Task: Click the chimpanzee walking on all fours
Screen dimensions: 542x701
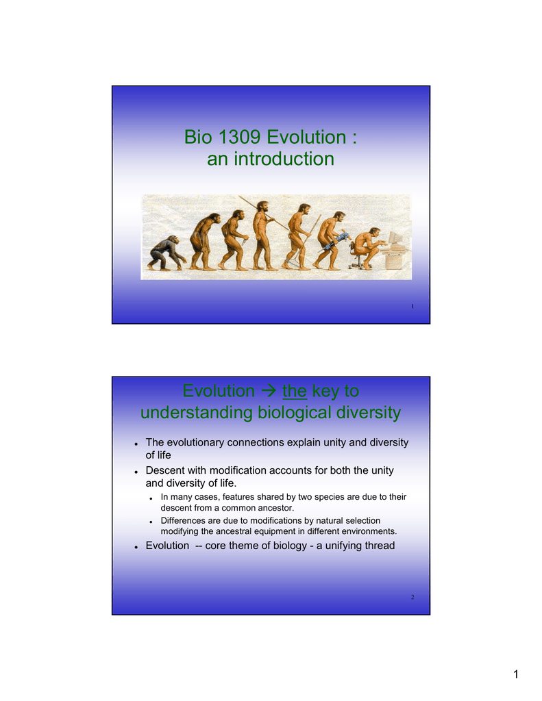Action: click(x=166, y=253)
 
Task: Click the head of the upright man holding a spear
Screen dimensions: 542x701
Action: click(x=263, y=207)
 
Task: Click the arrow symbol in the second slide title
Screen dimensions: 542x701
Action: click(x=269, y=391)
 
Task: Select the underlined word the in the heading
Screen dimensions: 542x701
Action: click(x=295, y=391)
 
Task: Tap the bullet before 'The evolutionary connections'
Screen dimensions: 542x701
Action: click(x=136, y=444)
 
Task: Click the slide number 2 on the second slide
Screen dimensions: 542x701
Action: click(x=412, y=597)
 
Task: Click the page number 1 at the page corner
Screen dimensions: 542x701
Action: click(x=515, y=674)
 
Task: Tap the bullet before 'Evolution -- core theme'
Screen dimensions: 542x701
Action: click(x=136, y=547)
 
